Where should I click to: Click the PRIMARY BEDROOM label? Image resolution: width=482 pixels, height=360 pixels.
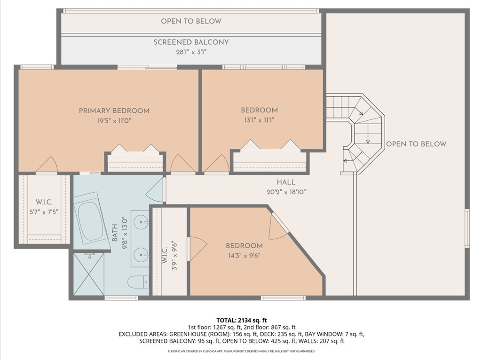[114, 110]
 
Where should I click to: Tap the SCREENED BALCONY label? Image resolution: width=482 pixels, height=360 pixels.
[191, 42]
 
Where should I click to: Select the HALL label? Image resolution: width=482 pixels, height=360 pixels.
[286, 182]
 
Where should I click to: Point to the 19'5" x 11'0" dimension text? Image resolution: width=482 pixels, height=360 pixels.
[114, 121]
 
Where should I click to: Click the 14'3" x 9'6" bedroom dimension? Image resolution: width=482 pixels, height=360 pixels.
[244, 256]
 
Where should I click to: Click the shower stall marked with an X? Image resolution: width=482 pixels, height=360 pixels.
[89, 274]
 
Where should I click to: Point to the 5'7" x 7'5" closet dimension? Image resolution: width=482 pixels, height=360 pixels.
[44, 212]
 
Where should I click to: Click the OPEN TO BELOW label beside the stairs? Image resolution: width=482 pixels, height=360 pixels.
[416, 144]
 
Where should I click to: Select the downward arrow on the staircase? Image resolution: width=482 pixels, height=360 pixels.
[368, 134]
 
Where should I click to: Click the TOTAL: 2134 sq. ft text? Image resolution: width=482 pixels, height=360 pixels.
[241, 321]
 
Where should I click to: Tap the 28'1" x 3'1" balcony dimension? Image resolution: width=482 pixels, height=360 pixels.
[191, 52]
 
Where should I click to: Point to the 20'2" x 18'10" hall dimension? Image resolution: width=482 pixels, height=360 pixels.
[286, 192]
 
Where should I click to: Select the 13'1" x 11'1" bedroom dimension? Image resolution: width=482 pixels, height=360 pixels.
[259, 120]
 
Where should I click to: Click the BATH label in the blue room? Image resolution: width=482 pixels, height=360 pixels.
[115, 233]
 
